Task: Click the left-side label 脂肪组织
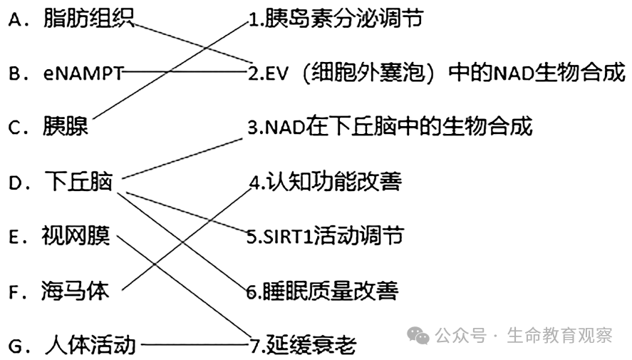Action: [x=88, y=19]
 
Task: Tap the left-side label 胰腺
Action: [x=66, y=127]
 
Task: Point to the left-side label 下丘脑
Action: [x=78, y=182]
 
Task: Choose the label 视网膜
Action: [x=76, y=236]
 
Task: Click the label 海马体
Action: [x=76, y=291]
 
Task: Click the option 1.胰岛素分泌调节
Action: [x=335, y=19]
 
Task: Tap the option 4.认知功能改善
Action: [x=325, y=182]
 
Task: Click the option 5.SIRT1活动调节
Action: [x=325, y=236]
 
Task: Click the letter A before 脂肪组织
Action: [x=16, y=19]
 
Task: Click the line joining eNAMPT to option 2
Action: [x=185, y=72]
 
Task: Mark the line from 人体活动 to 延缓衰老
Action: [x=192, y=346]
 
